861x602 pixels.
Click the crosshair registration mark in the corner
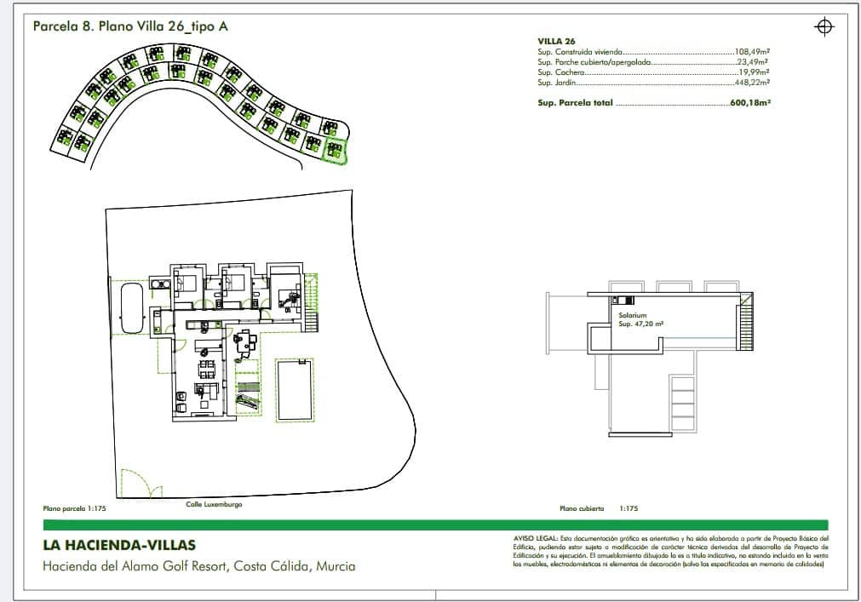pyautogui.click(x=824, y=27)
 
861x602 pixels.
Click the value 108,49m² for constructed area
pyautogui.click(x=752, y=52)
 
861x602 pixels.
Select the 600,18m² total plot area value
pyautogui.click(x=750, y=102)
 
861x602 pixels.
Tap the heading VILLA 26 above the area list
pyautogui.click(x=557, y=41)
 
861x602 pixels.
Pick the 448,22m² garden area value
pyautogui.click(x=752, y=83)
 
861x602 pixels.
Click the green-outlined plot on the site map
pyautogui.click(x=336, y=150)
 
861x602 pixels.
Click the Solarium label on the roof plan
pyautogui.click(x=633, y=315)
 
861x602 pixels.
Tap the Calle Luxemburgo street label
pyautogui.click(x=215, y=504)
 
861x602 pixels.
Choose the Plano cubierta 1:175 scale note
pyautogui.click(x=598, y=508)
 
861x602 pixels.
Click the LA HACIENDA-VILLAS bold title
pyautogui.click(x=119, y=545)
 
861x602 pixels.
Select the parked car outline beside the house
pyautogui.click(x=130, y=309)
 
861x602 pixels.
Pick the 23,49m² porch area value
pyautogui.click(x=754, y=62)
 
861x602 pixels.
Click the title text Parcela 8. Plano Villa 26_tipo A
pyautogui.click(x=130, y=26)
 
